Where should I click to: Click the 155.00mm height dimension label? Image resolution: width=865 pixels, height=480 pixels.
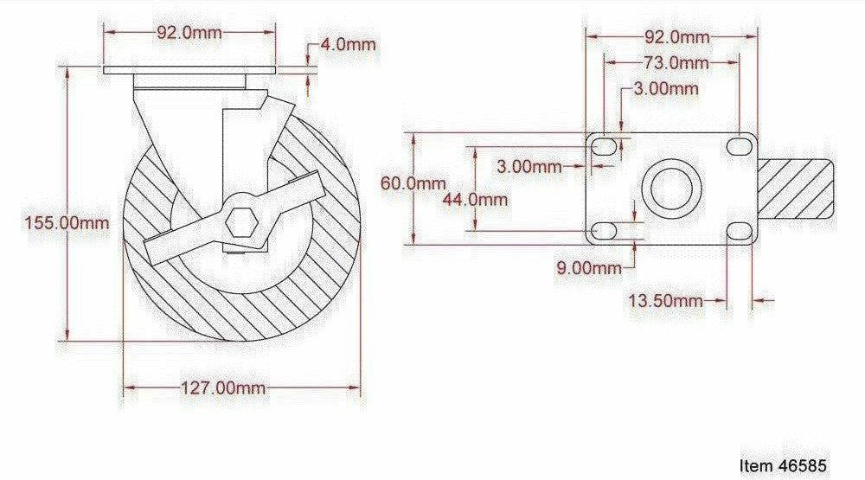(67, 222)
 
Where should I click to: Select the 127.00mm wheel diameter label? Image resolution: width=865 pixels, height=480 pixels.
(223, 387)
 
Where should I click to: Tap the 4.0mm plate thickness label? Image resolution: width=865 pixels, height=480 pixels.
(348, 44)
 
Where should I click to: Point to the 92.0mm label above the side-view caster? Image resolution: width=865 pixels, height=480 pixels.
(189, 33)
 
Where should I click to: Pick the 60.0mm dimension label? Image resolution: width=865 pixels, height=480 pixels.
(413, 183)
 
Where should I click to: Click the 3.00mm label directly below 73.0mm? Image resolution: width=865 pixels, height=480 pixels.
(665, 88)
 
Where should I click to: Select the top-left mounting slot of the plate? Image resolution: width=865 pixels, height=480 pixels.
(604, 148)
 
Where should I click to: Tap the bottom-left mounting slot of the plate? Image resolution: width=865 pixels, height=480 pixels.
(604, 231)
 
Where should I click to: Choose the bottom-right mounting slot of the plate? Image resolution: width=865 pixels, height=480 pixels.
(740, 231)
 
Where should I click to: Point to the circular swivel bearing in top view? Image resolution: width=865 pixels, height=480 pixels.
(671, 189)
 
